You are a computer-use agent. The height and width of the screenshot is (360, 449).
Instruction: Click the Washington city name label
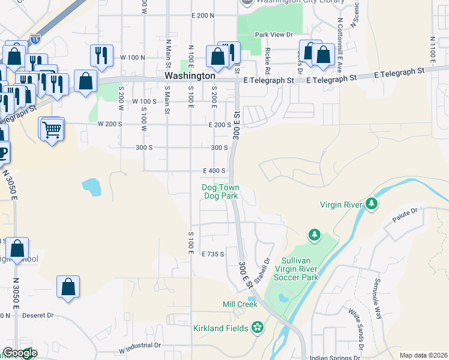(x=190, y=76)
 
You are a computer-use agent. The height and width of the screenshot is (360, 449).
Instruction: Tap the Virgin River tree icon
(x=372, y=204)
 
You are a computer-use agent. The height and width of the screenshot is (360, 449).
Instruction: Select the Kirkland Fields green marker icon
(x=258, y=327)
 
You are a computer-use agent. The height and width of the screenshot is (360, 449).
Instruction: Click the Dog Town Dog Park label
(x=220, y=191)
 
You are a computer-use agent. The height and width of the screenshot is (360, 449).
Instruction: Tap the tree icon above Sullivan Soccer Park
(x=313, y=234)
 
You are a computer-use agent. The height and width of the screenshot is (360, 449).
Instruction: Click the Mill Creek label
(x=240, y=304)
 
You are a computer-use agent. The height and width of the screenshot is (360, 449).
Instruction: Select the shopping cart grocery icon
(x=52, y=128)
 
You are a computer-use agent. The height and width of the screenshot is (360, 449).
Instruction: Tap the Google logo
(x=19, y=353)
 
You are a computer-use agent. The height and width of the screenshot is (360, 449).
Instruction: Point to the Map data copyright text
(x=423, y=355)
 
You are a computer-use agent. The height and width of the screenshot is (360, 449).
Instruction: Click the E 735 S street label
(x=213, y=254)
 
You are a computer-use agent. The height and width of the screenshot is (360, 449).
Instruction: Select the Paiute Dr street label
(x=405, y=212)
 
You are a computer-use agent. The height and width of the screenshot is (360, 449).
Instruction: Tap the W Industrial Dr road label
(x=140, y=346)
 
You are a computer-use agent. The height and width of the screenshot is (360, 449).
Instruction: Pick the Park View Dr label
(x=273, y=35)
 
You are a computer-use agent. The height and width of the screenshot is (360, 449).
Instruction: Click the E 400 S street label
(x=214, y=170)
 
